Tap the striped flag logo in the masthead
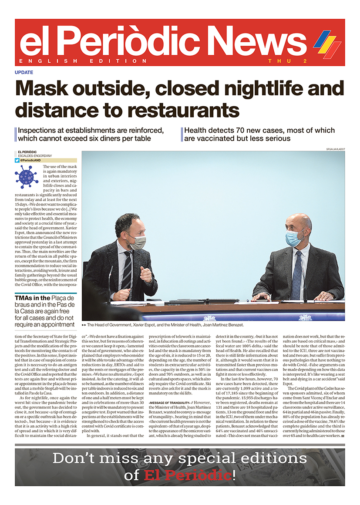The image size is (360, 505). tap(327, 43)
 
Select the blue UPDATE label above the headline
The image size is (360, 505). tap(24, 73)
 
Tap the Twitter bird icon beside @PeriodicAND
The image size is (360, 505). tap(17, 160)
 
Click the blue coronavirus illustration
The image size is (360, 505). tap(27, 176)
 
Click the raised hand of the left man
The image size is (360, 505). tap(146, 275)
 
